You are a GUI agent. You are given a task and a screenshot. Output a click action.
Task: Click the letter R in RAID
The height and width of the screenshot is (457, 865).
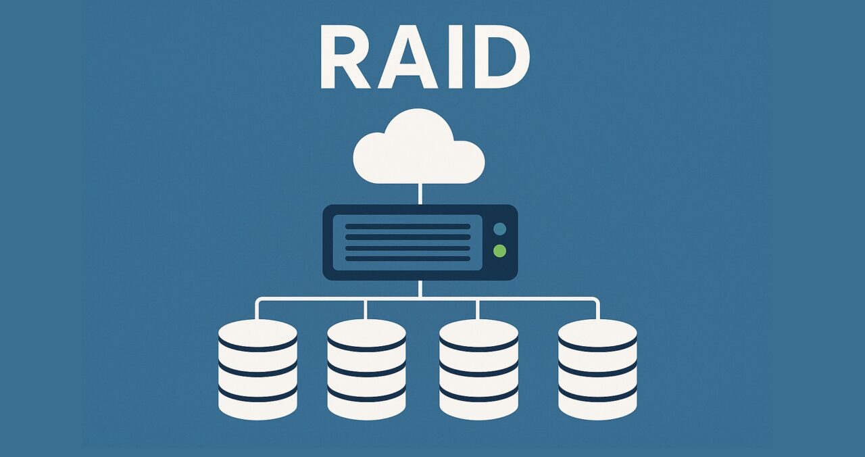345,57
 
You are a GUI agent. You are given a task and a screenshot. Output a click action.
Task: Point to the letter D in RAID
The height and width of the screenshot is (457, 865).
502,57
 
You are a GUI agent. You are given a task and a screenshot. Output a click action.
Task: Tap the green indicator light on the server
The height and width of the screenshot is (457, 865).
499,251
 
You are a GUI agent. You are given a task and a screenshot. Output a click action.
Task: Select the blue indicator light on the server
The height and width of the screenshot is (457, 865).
499,229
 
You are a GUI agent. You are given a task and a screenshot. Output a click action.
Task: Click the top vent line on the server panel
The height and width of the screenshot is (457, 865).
407,226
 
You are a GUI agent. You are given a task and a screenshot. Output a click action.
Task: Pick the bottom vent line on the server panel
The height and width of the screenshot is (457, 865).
407,258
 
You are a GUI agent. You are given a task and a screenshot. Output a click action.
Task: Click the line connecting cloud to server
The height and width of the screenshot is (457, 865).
420,194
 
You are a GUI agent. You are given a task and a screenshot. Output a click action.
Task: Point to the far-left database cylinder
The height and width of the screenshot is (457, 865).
257,369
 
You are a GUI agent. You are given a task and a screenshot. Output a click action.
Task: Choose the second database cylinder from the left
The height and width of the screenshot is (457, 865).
366,369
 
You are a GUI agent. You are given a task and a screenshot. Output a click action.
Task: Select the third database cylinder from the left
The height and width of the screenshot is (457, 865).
479,369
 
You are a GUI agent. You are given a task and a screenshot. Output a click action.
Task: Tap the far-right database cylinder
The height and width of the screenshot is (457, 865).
597,369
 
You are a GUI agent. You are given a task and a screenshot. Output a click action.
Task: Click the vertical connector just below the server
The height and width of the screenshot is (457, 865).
420,289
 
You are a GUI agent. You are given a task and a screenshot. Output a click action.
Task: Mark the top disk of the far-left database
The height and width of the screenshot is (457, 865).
257,334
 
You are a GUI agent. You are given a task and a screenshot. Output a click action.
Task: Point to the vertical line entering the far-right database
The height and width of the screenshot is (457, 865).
598,310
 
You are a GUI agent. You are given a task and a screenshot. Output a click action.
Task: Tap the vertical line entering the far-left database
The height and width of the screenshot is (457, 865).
257,310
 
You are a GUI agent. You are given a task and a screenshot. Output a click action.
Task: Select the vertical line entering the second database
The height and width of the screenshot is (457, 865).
366,310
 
